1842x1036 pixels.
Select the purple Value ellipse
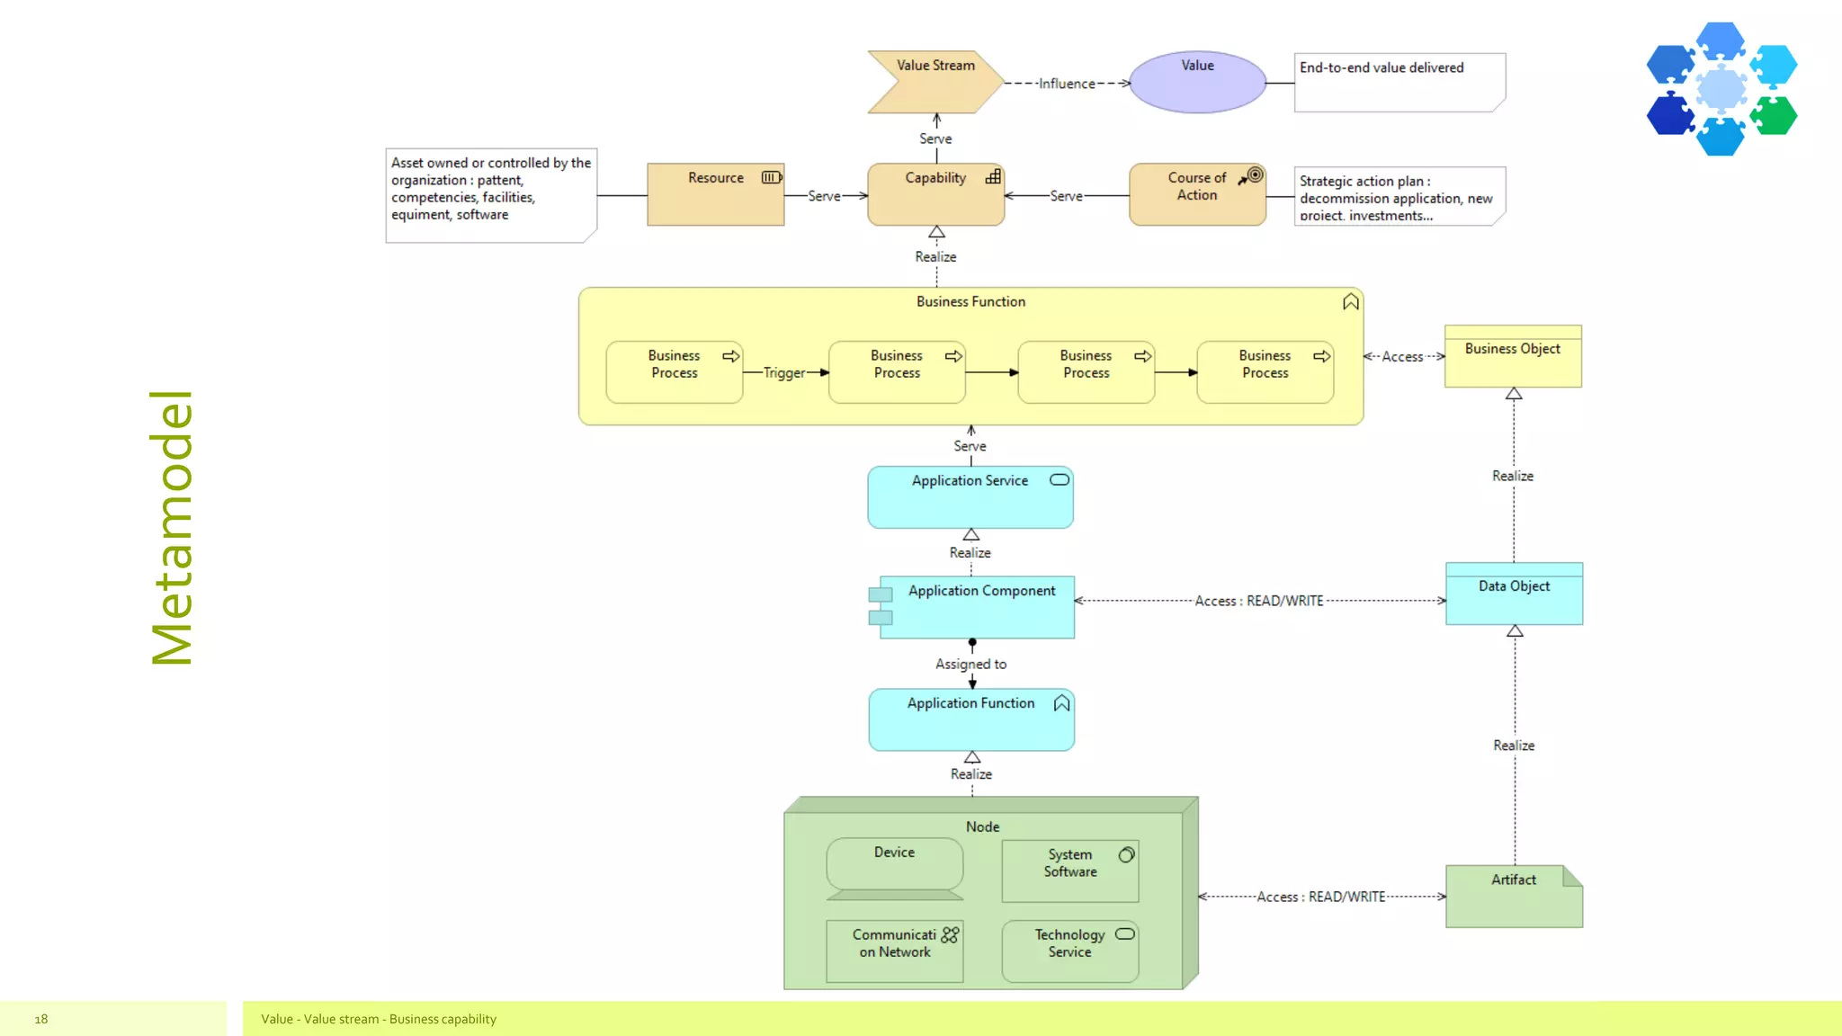pyautogui.click(x=1197, y=83)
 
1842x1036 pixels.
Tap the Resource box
pyautogui.click(x=715, y=194)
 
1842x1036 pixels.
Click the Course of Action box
pyautogui.click(x=1197, y=194)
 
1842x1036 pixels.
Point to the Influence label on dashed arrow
pyautogui.click(x=1067, y=84)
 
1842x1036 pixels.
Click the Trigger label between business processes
pyautogui.click(x=784, y=373)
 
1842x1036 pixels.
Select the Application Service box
pyautogui.click(x=970, y=497)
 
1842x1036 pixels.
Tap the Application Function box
pyautogui.click(x=970, y=719)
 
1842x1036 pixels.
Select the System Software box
pyautogui.click(x=1069, y=871)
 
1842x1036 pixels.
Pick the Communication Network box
pyautogui.click(x=894, y=951)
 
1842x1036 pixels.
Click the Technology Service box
pyautogui.click(x=1069, y=951)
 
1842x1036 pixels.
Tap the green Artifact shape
pyautogui.click(x=1513, y=897)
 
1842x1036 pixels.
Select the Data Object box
pyautogui.click(x=1514, y=594)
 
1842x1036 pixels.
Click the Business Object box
pyautogui.click(x=1513, y=357)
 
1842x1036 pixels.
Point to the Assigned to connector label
pyautogui.click(x=970, y=665)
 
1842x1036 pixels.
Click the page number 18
pyautogui.click(x=41, y=1019)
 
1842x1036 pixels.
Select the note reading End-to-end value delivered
pyautogui.click(x=1399, y=83)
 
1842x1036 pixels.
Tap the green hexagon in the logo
pyautogui.click(x=1774, y=116)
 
